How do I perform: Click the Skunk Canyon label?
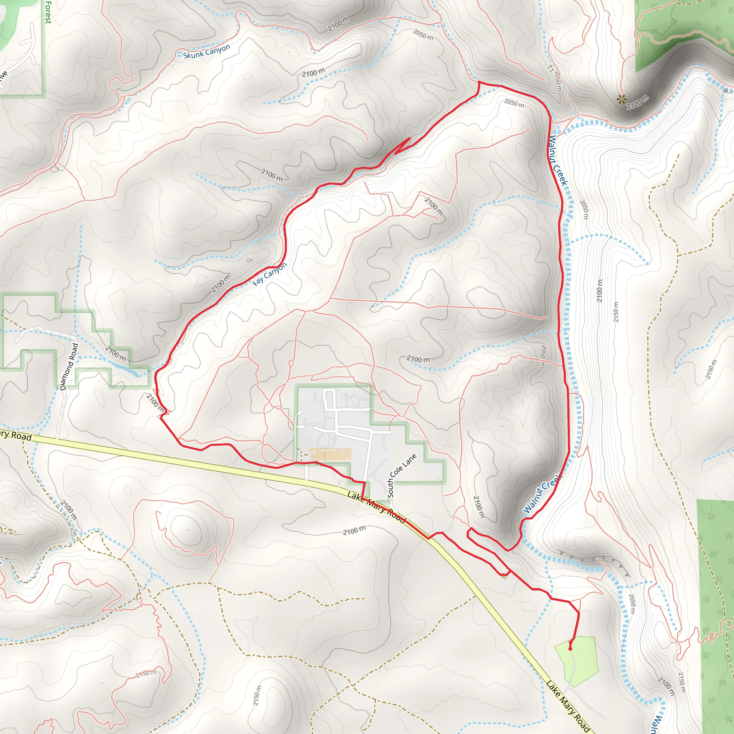[x=206, y=52]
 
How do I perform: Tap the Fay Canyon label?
[x=270, y=274]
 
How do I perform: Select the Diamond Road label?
[x=69, y=367]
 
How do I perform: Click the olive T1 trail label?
[x=550, y=68]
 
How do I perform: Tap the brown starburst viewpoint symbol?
[x=621, y=100]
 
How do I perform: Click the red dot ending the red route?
[x=570, y=649]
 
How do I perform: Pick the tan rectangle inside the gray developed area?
[x=330, y=454]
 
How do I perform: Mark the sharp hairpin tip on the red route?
[x=410, y=138]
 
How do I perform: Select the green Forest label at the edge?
[x=48, y=12]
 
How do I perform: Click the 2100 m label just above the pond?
[x=115, y=353]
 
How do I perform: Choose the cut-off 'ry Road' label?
[x=15, y=435]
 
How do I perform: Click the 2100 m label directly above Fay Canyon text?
[x=221, y=283]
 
